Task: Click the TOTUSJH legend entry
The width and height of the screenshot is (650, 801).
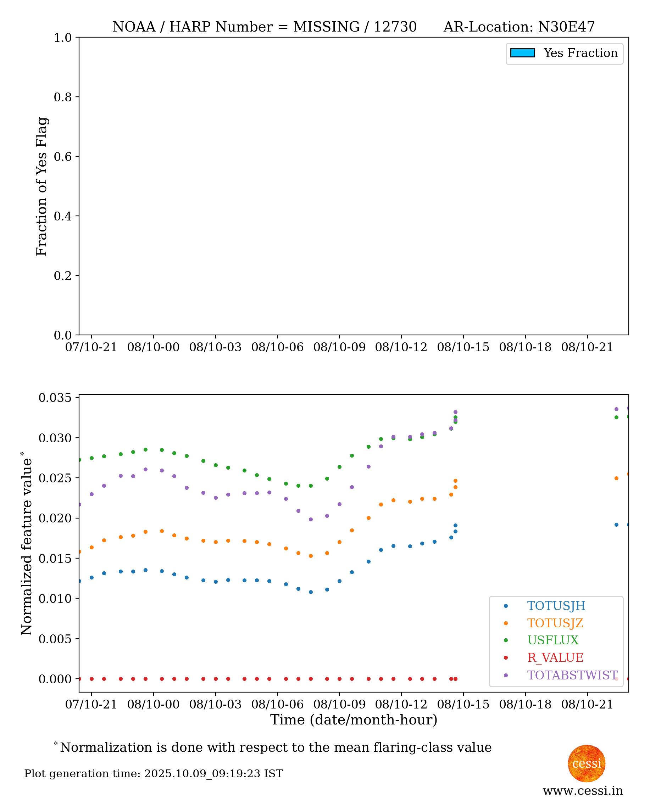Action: pos(556,606)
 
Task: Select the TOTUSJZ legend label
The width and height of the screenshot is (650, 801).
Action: pos(555,623)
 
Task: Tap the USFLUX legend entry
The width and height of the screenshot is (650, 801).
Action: pos(552,640)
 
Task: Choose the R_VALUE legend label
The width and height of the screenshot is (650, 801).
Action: pos(555,657)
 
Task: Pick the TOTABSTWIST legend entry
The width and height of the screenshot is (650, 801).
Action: pos(572,675)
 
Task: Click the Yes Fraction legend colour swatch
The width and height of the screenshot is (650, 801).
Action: pos(522,53)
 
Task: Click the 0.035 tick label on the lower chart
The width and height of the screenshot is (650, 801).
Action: pos(55,398)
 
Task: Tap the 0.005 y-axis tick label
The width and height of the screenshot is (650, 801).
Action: pos(55,639)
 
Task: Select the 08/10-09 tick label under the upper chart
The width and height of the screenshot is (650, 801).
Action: pos(339,347)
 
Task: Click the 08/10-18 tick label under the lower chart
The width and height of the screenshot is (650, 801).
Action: pos(525,704)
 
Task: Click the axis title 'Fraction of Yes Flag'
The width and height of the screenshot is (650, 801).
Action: pos(41,186)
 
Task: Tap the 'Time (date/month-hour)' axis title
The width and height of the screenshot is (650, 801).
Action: pos(354,719)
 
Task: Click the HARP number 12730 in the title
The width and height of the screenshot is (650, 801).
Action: pos(395,27)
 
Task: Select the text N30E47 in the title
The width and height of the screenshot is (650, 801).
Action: pos(566,27)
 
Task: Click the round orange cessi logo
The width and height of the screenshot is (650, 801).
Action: pos(587,763)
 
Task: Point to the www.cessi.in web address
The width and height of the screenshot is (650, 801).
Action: pos(583,790)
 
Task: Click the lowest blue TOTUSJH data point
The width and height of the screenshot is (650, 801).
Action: pos(310,592)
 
